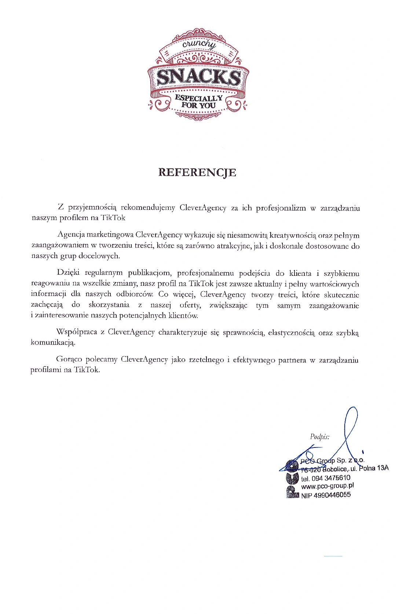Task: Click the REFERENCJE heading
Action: (x=197, y=172)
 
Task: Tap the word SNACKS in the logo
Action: (x=198, y=77)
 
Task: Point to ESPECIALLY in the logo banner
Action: (x=198, y=98)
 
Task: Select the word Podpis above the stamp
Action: (x=319, y=436)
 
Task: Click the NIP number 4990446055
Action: (x=332, y=495)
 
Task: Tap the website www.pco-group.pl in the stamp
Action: (x=327, y=486)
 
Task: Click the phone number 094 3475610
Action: (x=330, y=478)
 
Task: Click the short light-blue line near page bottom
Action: (x=333, y=556)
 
